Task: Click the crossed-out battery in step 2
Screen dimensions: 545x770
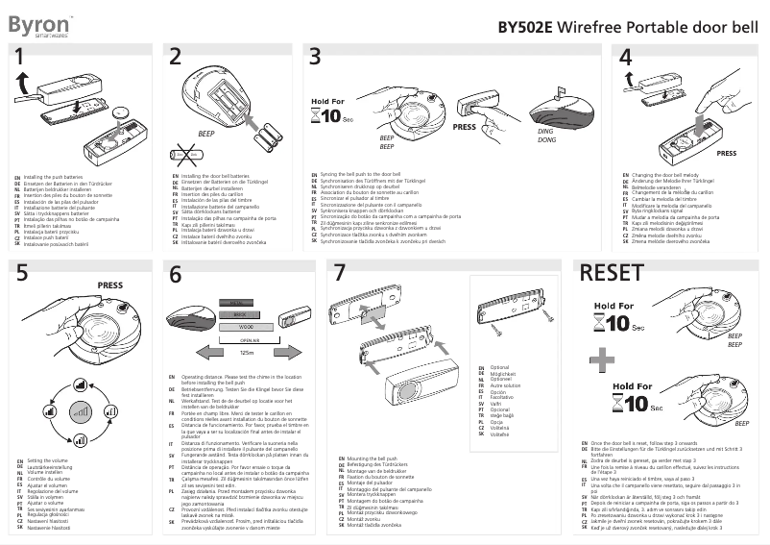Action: coord(185,153)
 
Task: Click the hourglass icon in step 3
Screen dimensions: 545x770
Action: coord(320,116)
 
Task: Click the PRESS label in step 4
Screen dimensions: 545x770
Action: coord(726,153)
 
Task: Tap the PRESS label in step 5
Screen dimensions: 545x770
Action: coord(109,285)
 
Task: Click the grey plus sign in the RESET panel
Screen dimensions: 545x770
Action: coord(602,360)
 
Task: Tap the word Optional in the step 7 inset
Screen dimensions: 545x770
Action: coord(499,367)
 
